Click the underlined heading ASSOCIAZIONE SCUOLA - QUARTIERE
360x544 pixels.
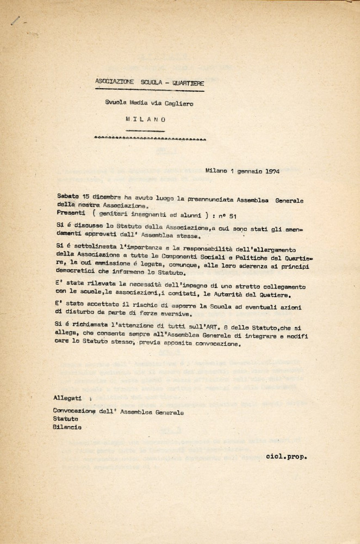(x=150, y=82)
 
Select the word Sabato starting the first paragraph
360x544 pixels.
(x=68, y=195)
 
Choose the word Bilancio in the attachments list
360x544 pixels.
(x=67, y=427)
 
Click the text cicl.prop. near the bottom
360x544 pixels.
(x=287, y=456)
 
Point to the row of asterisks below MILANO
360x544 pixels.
(x=150, y=139)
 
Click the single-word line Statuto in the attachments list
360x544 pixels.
(x=65, y=419)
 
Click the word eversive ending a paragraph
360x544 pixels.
(x=177, y=314)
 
